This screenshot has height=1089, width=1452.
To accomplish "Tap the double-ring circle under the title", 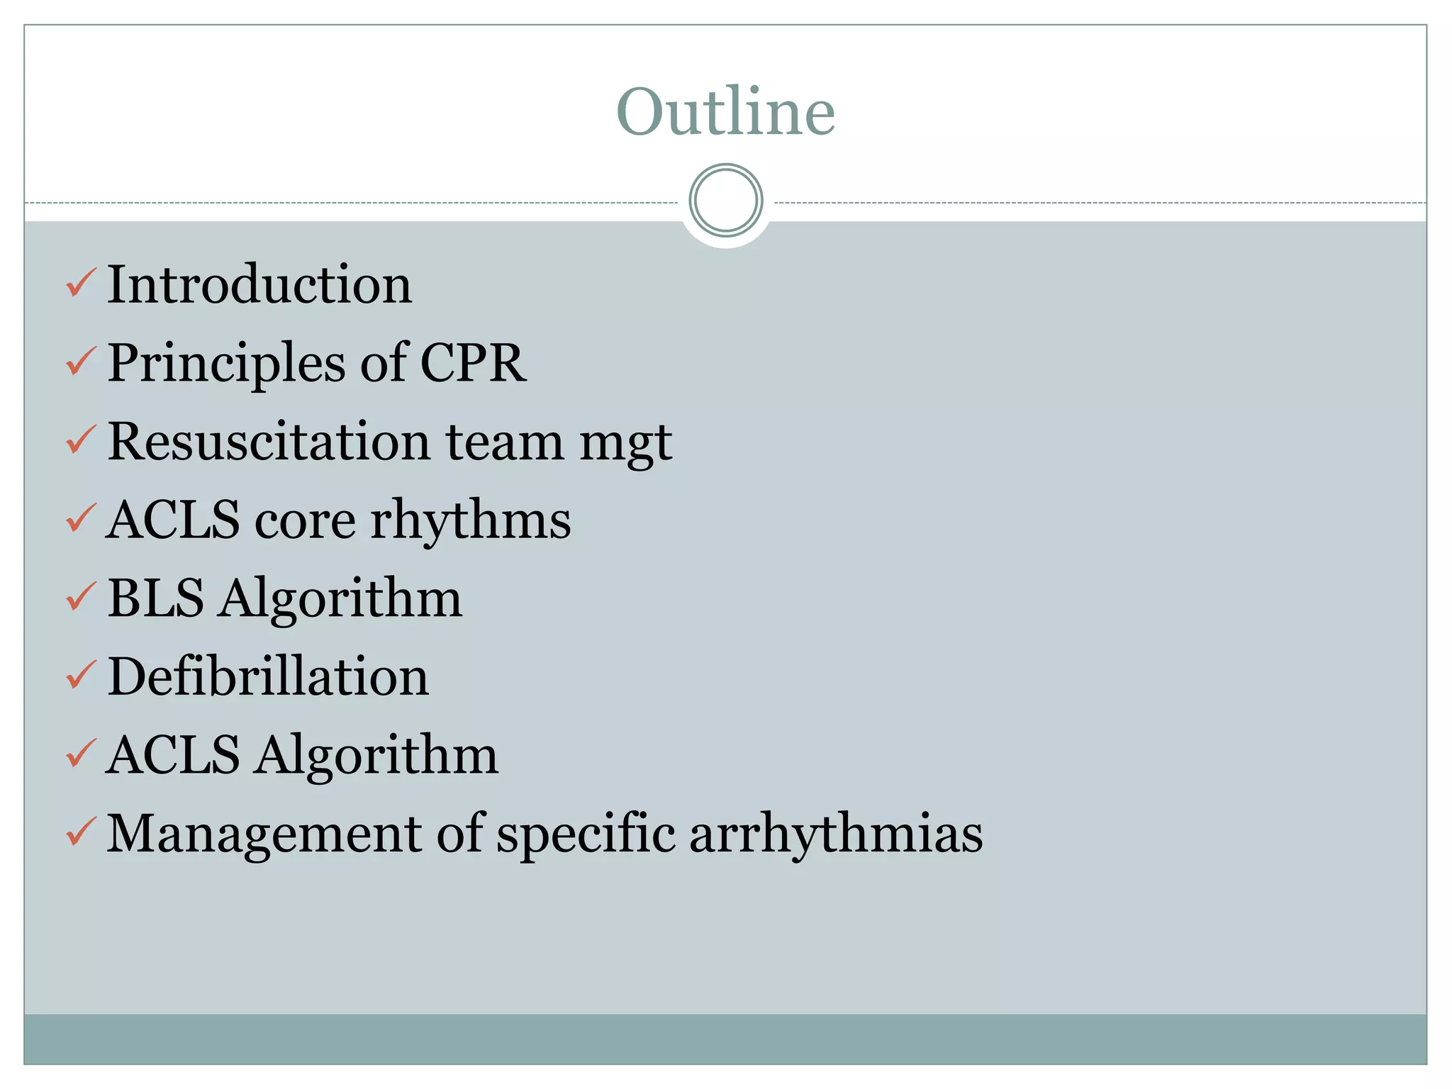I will tap(725, 200).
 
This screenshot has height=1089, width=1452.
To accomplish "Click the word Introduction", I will tap(259, 284).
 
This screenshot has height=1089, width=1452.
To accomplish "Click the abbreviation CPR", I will tap(473, 363).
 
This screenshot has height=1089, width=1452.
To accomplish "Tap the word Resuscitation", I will tap(269, 442).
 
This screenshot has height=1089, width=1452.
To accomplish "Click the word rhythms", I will tap(471, 520).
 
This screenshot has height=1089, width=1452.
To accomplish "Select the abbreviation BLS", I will tap(156, 598).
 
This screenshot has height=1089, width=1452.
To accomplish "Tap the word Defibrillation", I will tap(268, 676).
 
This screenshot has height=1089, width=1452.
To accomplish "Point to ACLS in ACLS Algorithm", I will tap(173, 755).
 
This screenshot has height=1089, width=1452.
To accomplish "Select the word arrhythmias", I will tap(836, 834).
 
